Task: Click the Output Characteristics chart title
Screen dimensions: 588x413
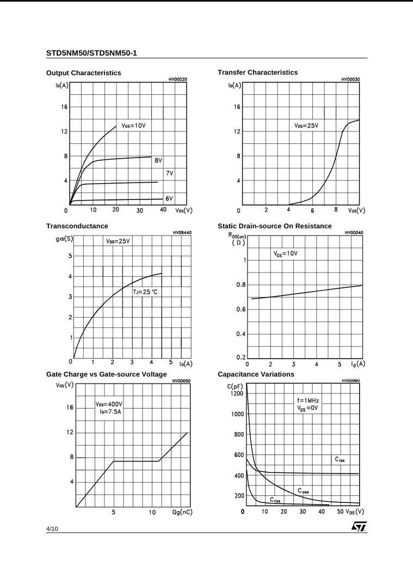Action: coord(84,73)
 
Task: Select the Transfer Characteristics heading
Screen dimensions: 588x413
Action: coord(257,72)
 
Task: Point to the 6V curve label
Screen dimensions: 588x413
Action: coord(169,199)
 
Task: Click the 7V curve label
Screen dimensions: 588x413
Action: coord(170,173)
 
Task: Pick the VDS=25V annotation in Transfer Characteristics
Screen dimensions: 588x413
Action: coord(306,125)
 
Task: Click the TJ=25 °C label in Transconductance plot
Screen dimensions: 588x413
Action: coord(145,292)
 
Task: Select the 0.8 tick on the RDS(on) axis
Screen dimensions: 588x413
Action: coord(241,285)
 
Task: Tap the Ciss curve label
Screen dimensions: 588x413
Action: coord(340,459)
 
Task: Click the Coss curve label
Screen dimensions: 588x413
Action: coord(303,491)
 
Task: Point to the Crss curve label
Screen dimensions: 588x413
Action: coord(275,500)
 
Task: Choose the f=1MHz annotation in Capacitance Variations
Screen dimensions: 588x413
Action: coord(308,401)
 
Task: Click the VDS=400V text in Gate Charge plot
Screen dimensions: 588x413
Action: coord(109,404)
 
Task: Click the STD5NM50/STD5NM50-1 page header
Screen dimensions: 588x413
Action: coord(91,53)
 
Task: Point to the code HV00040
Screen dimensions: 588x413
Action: coord(354,233)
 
